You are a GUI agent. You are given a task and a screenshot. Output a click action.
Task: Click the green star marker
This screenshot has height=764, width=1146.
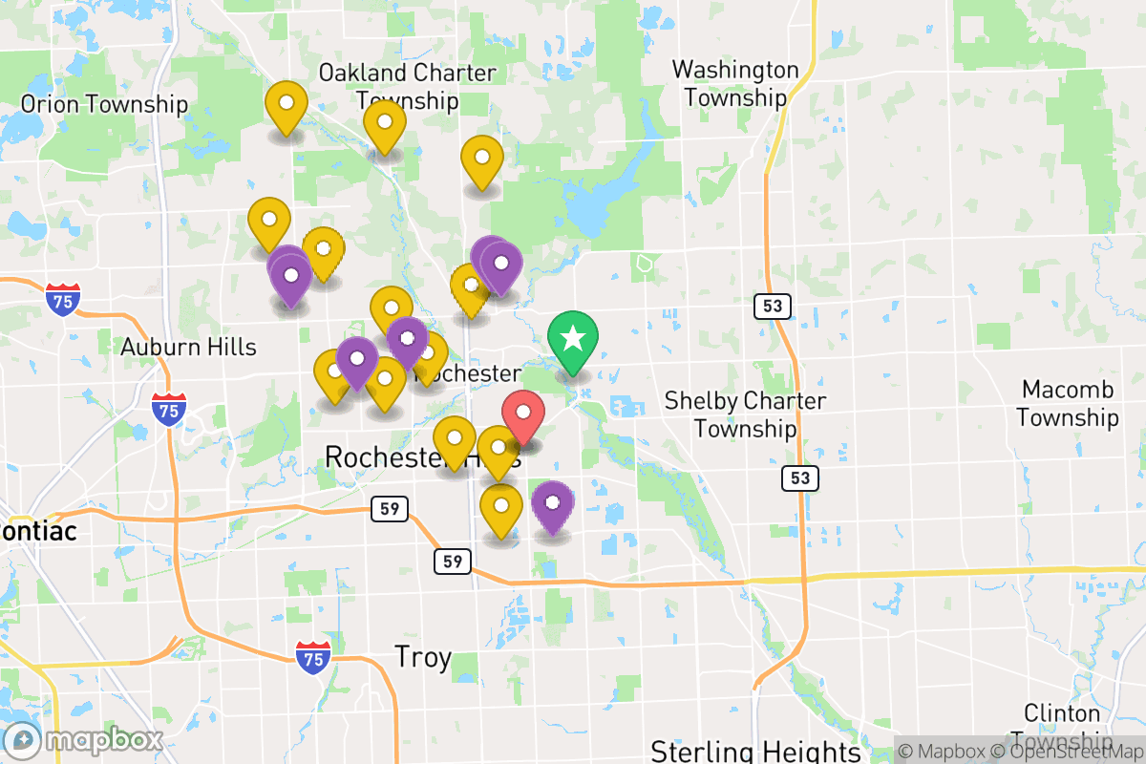pyautogui.click(x=573, y=340)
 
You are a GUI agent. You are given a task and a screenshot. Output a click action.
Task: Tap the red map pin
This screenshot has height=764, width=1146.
pyautogui.click(x=523, y=414)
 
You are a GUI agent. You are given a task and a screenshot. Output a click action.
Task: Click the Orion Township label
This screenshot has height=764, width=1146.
pyautogui.click(x=104, y=104)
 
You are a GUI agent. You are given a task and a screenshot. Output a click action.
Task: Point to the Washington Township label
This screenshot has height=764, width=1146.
pyautogui.click(x=735, y=84)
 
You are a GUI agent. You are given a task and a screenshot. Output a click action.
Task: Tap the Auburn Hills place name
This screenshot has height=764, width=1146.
pyautogui.click(x=189, y=346)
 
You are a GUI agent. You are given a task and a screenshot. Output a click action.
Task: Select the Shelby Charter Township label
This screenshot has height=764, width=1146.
pyautogui.click(x=745, y=414)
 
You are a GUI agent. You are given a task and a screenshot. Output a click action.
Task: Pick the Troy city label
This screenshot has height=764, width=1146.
pyautogui.click(x=422, y=657)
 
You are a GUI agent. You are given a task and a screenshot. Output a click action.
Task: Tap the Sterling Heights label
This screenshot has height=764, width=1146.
pyautogui.click(x=756, y=751)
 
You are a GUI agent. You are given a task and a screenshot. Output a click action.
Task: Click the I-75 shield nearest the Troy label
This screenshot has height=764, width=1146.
pyautogui.click(x=313, y=658)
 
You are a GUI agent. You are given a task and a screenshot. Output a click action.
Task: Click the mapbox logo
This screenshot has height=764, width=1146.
pyautogui.click(x=84, y=740)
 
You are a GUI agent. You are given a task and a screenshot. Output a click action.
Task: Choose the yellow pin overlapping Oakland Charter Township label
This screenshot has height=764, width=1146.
pyautogui.click(x=385, y=124)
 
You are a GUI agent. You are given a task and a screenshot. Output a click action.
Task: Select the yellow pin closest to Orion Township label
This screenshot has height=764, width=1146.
pyautogui.click(x=286, y=105)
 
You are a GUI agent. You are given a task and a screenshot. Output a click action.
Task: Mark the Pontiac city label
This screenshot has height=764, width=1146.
pyautogui.click(x=38, y=530)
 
